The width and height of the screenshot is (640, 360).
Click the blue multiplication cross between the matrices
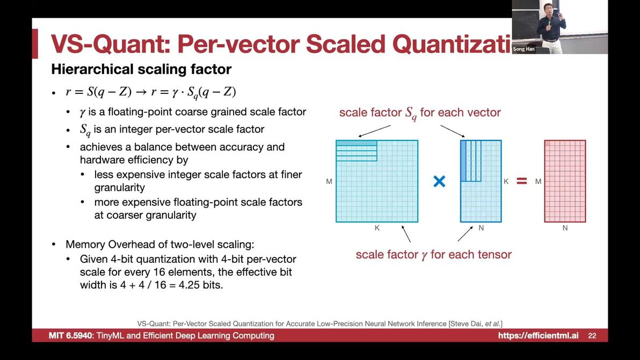click(439, 181)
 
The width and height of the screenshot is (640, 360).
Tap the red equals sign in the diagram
click(522, 181)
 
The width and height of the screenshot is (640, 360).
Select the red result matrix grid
click(565, 181)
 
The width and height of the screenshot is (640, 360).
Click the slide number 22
click(592, 336)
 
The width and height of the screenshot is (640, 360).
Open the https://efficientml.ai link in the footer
click(538, 335)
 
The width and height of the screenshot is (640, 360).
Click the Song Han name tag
click(523, 49)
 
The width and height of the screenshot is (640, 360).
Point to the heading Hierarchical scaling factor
click(141, 69)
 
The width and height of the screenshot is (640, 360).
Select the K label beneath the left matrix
click(377, 228)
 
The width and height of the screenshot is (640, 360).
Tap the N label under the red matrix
click(565, 228)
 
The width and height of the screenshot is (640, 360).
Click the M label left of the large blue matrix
click(329, 181)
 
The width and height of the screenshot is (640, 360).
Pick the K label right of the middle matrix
click(506, 181)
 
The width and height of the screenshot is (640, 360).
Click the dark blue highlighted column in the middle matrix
click(463, 160)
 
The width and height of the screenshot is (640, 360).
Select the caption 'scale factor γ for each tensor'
click(433, 255)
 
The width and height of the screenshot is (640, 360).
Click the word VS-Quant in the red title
click(110, 44)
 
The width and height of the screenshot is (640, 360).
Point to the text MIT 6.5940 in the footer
click(71, 335)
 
